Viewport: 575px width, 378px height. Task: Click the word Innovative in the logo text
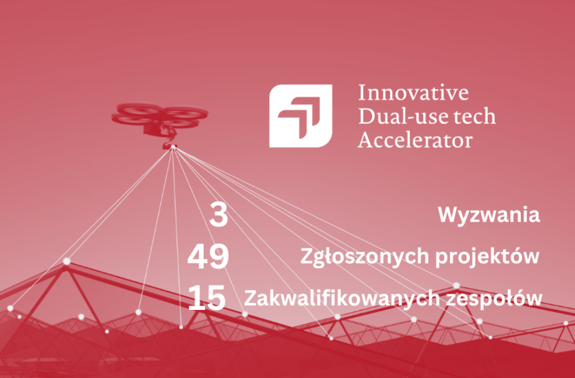413,92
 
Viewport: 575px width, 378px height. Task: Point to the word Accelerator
415,140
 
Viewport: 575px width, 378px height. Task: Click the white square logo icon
301,116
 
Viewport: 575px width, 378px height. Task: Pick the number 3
219,215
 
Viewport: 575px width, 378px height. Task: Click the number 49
208,258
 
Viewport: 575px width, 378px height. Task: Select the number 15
207,298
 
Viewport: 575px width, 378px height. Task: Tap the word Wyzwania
489,215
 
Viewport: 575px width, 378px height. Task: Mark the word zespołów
494,299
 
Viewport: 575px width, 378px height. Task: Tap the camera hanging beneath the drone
169,145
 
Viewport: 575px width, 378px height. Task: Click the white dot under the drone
173,147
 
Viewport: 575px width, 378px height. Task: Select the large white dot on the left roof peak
66,261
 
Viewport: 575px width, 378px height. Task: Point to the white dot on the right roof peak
456,286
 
